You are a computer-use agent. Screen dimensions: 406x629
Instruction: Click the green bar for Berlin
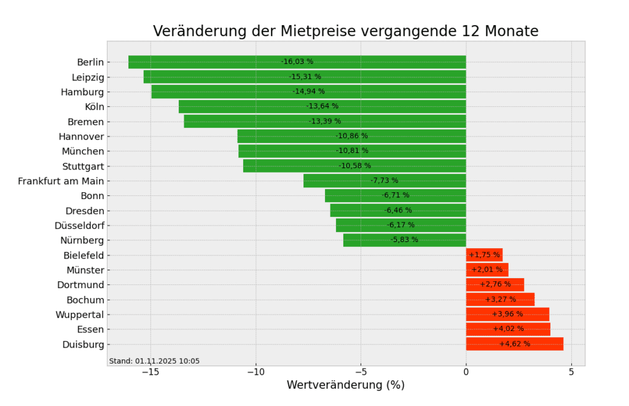(x=215, y=62)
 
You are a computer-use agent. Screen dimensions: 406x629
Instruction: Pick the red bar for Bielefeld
(x=484, y=255)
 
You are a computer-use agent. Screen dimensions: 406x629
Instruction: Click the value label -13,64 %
(x=322, y=106)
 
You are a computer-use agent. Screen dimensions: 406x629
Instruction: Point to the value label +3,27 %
(x=501, y=300)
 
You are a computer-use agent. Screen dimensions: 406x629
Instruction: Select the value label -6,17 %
(x=400, y=225)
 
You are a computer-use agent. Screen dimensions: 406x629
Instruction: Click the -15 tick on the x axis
(x=150, y=372)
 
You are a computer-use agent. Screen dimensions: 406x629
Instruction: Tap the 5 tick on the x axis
(x=571, y=372)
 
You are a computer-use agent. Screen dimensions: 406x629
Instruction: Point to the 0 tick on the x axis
(x=466, y=372)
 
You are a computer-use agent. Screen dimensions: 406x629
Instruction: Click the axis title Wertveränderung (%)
(x=346, y=385)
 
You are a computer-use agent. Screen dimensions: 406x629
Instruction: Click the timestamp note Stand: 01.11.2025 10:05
(x=154, y=361)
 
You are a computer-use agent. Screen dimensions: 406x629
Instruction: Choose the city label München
(x=83, y=151)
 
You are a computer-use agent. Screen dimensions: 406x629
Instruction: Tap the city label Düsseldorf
(x=79, y=225)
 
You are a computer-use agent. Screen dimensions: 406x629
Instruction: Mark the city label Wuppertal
(x=79, y=314)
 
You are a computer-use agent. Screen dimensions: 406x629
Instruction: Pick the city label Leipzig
(x=88, y=77)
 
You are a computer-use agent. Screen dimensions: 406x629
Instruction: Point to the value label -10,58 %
(x=354, y=166)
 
